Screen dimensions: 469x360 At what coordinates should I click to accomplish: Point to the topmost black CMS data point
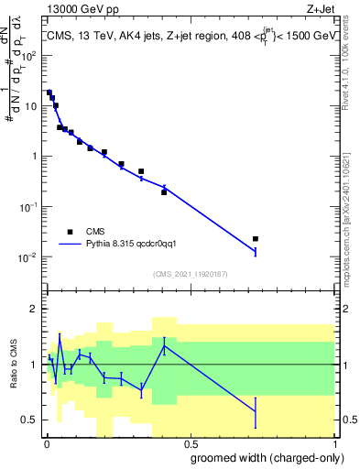49,93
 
